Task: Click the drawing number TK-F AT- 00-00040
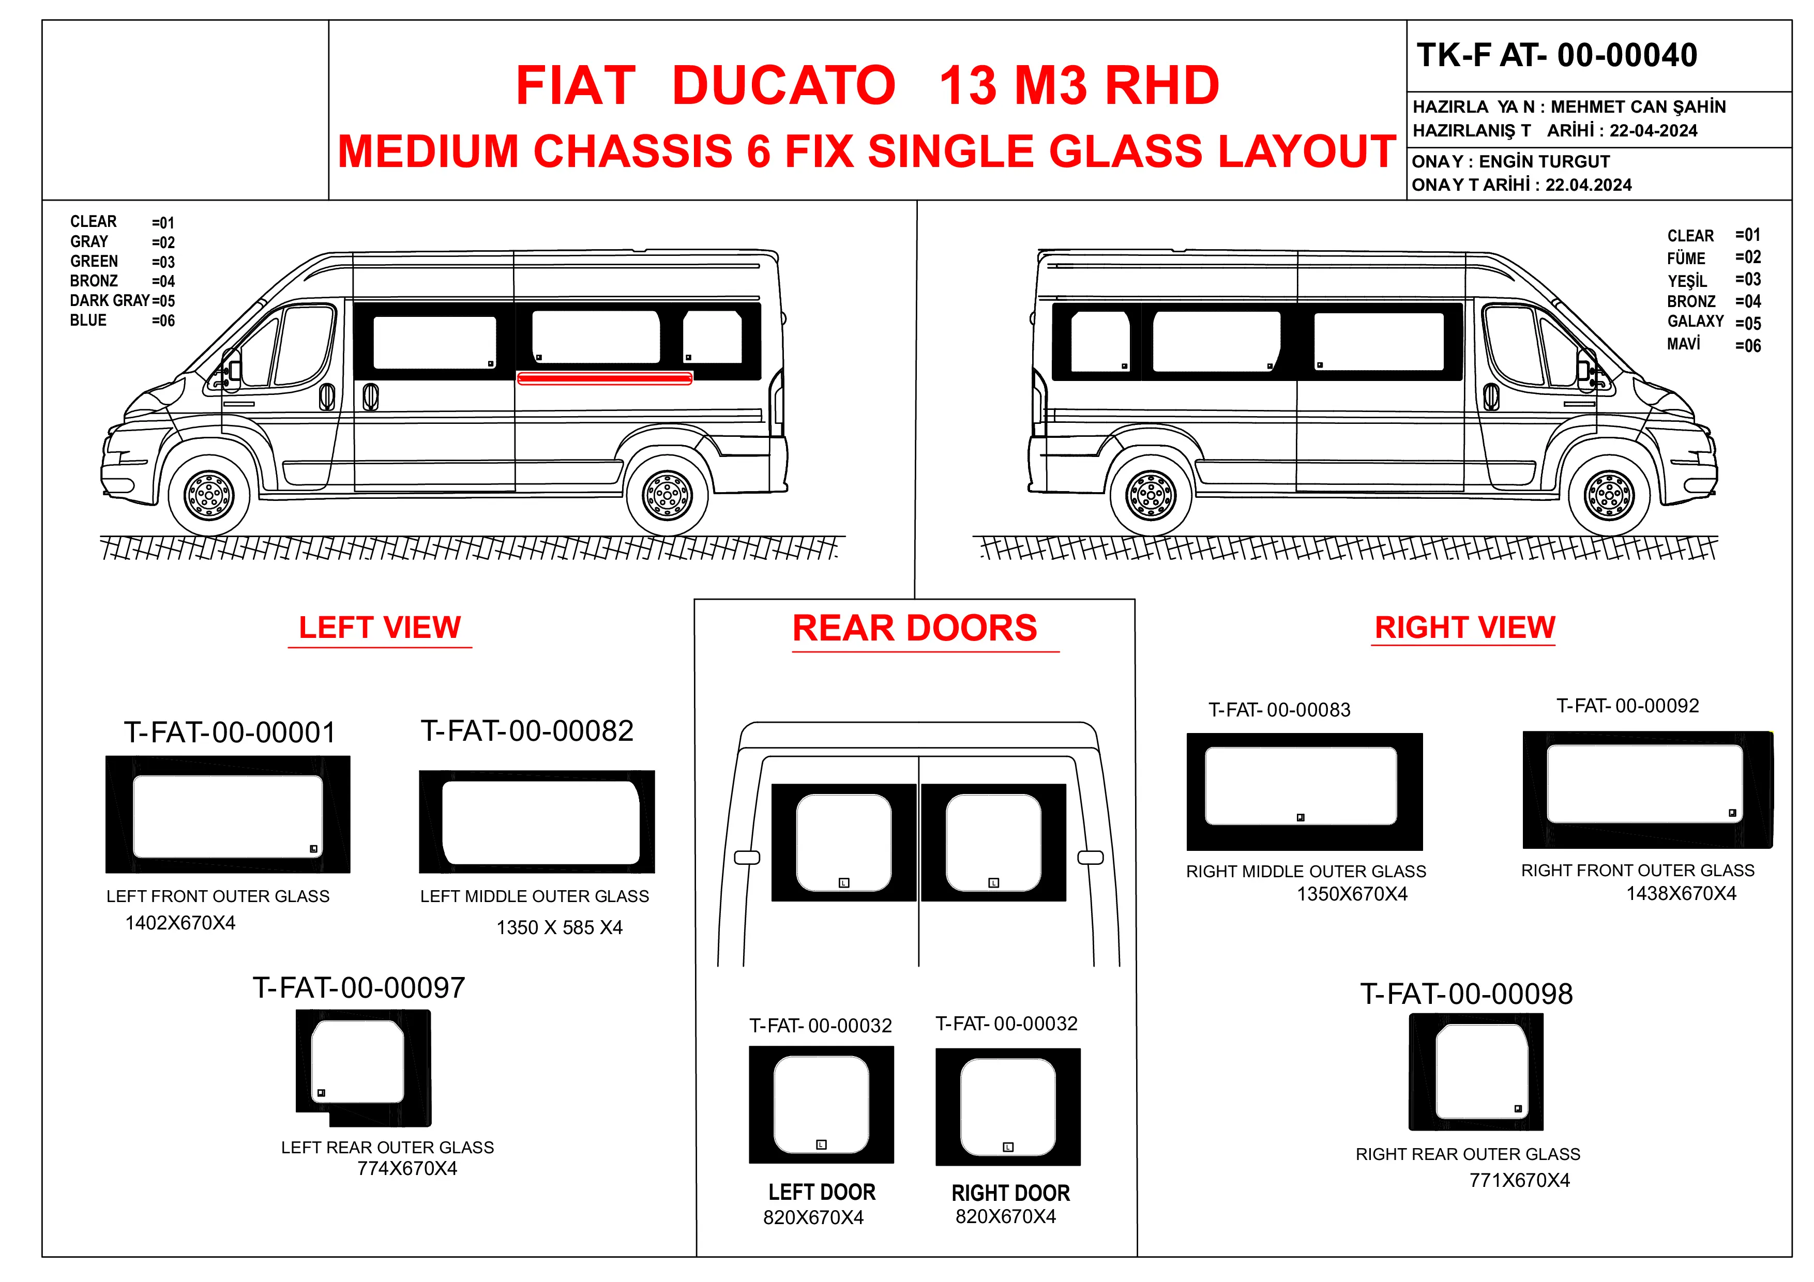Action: [x=1556, y=55]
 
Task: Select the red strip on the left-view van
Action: [x=604, y=378]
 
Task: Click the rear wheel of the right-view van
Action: [x=1151, y=495]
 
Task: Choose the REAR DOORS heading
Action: [x=914, y=629]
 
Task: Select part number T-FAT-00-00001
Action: [x=230, y=732]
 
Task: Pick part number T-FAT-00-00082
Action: [x=527, y=730]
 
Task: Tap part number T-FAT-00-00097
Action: [x=359, y=987]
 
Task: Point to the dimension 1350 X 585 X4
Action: [x=560, y=927]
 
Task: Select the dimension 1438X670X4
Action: [x=1681, y=893]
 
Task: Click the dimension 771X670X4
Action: [x=1519, y=1180]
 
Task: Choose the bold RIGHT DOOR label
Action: [x=1010, y=1193]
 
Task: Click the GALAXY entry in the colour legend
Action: [x=1695, y=322]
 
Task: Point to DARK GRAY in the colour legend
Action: [x=109, y=300]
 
